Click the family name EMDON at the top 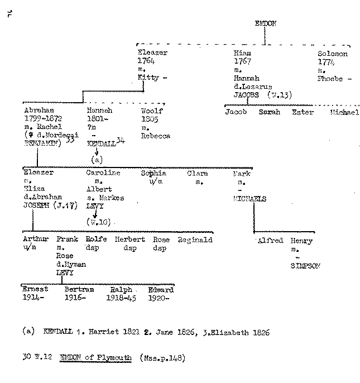(x=266, y=23)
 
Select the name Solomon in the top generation (x=332, y=54)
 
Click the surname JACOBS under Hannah (x=246, y=95)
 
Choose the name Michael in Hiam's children (x=344, y=112)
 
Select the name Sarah (x=269, y=112)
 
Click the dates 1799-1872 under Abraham (x=44, y=119)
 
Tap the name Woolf (x=151, y=111)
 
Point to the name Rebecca (x=155, y=136)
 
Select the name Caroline (x=103, y=174)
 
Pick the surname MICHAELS (x=250, y=198)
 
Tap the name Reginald (x=195, y=240)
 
